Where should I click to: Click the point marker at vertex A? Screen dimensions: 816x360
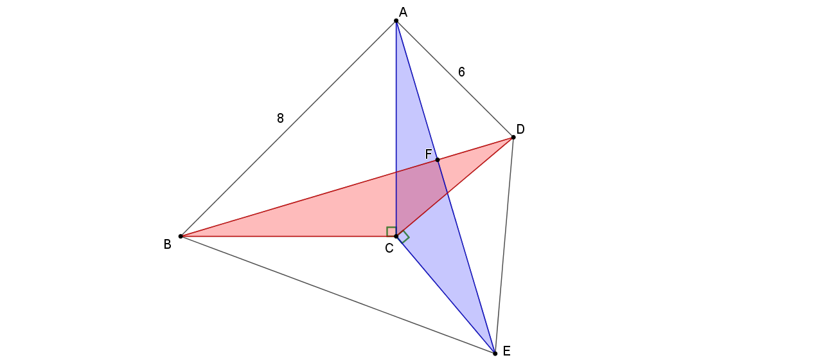click(x=396, y=21)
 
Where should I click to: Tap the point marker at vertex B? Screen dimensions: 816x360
click(x=181, y=237)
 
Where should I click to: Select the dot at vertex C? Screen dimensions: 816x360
click(x=396, y=237)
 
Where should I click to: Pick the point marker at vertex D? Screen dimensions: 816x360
click(x=513, y=137)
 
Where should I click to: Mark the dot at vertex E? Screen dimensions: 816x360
click(x=495, y=353)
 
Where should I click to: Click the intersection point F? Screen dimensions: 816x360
click(x=438, y=159)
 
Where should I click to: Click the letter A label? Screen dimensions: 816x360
click(x=403, y=12)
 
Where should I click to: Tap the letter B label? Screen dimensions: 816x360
click(x=167, y=244)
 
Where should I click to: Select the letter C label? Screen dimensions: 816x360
click(x=389, y=248)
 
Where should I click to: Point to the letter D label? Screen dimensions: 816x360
click(x=520, y=129)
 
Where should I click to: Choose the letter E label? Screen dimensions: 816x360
click(x=506, y=351)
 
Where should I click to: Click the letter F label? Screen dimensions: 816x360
click(x=429, y=154)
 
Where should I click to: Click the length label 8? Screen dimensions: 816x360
click(x=280, y=118)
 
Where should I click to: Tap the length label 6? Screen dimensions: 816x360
click(x=461, y=72)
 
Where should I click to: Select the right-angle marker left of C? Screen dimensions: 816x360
click(x=391, y=231)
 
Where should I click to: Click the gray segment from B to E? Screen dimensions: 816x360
click(x=337, y=294)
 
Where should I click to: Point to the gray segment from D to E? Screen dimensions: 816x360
click(x=504, y=245)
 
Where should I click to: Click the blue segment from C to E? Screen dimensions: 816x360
click(x=445, y=294)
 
